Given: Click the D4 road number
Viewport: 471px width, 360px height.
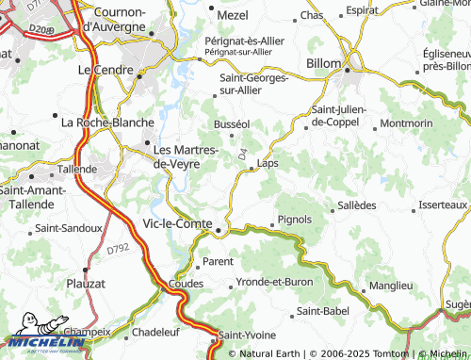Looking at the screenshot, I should click(x=242, y=152).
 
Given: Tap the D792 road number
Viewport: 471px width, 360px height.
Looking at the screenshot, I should click(x=118, y=249).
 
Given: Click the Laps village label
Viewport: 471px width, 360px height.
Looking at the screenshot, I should click(x=268, y=163).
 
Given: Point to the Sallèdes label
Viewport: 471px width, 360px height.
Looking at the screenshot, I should click(x=355, y=205).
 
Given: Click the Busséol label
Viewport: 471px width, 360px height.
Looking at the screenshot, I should click(x=232, y=123).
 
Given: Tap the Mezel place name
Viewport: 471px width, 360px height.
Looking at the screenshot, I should click(x=232, y=15).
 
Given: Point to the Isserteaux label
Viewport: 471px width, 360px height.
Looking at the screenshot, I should click(x=443, y=205).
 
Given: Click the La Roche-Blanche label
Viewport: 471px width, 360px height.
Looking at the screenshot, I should click(x=100, y=123).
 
